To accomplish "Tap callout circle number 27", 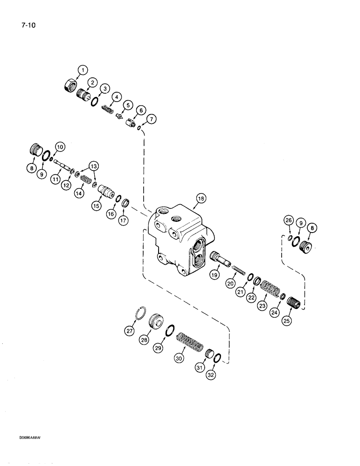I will pos(129,330).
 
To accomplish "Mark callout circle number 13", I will pos(95,165).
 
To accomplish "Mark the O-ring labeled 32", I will pos(217,358).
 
